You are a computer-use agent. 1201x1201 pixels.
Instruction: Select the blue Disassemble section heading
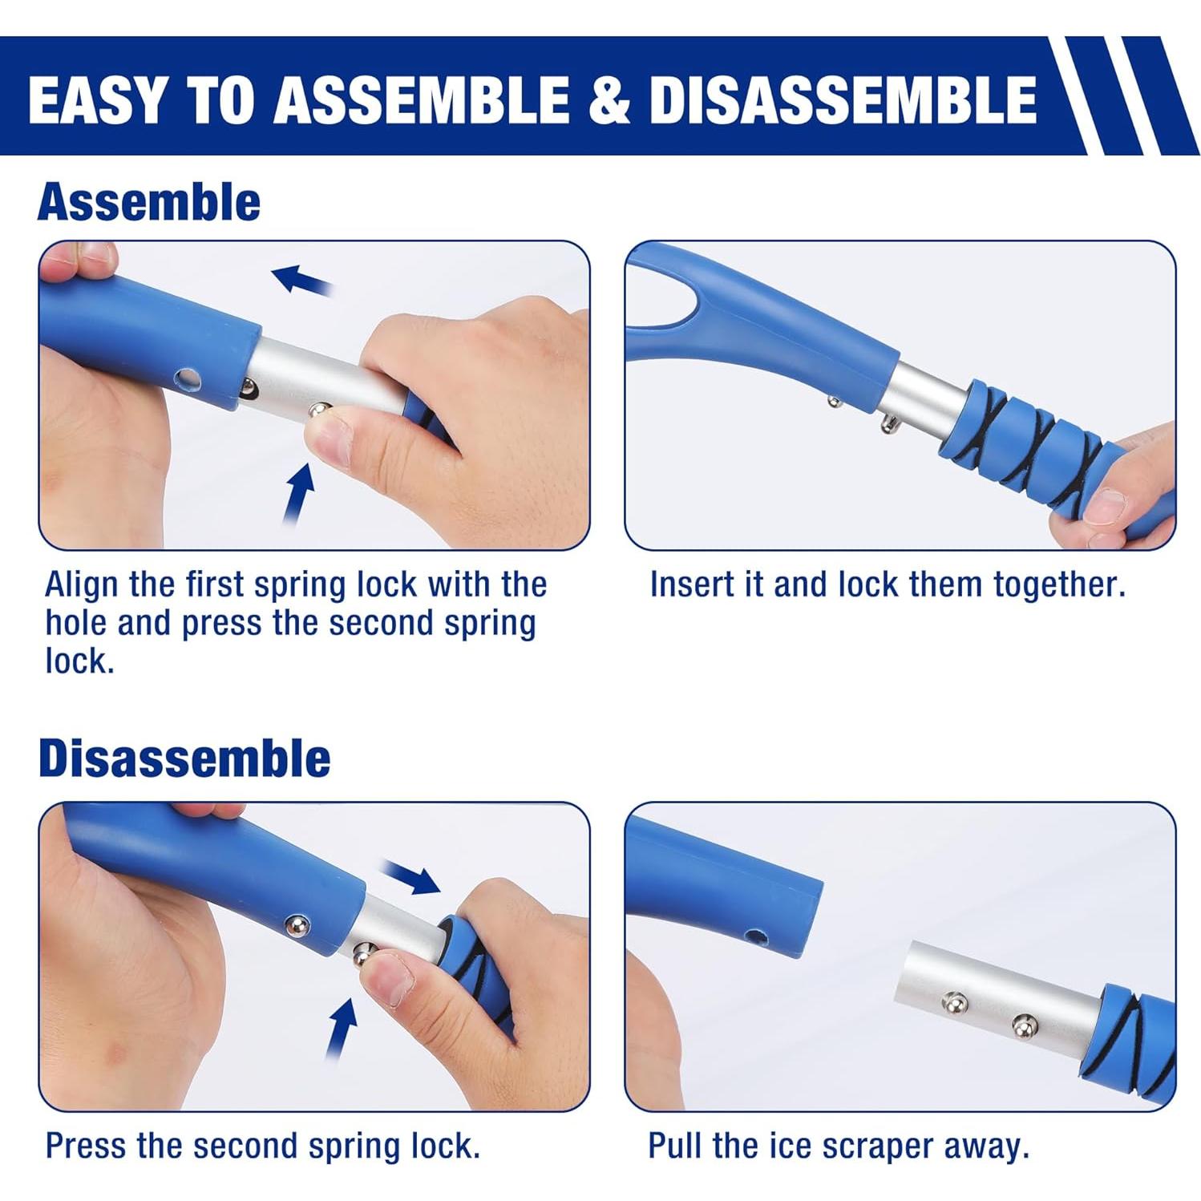click(184, 758)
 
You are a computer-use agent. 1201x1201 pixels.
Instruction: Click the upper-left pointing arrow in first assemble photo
click(301, 280)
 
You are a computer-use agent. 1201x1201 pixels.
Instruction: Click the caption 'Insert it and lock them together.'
click(887, 584)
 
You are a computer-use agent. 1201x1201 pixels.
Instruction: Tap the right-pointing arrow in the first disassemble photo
click(410, 876)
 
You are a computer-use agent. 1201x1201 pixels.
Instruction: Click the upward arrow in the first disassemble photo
click(342, 1029)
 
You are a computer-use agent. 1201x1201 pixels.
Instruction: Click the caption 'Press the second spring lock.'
click(262, 1146)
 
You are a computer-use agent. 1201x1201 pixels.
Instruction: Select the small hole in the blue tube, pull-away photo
click(753, 935)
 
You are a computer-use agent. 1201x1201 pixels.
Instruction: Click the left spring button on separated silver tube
click(954, 1001)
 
